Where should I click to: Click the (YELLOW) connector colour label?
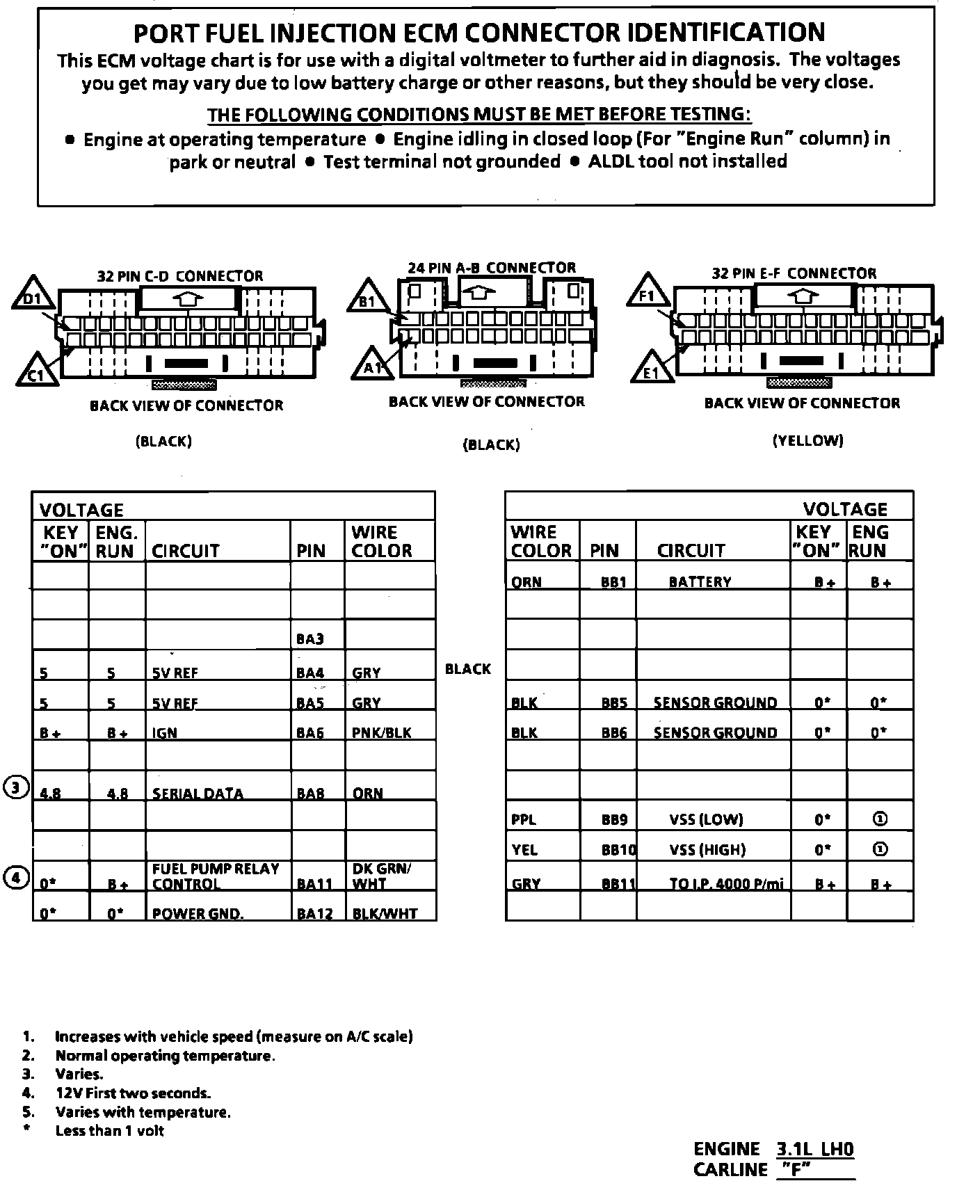807,440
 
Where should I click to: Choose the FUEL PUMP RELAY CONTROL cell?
216,876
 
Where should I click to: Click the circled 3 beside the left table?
15,787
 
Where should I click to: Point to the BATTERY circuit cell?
700,581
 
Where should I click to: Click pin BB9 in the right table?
614,819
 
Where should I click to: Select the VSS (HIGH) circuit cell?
707,849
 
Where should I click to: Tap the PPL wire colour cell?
524,819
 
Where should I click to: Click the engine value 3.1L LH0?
814,1148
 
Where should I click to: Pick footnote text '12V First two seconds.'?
133,1093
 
